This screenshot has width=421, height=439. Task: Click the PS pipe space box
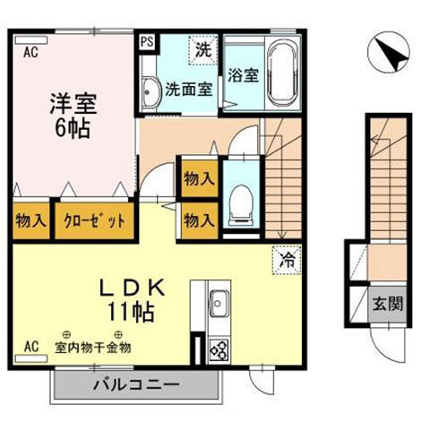pos(147,42)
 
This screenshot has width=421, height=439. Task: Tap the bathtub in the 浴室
pos(283,73)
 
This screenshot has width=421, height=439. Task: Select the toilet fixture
pos(241,205)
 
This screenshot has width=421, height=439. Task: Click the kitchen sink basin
pos(219,304)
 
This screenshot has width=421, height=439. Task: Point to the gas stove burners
pos(219,349)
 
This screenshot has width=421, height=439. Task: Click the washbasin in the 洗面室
pos(150,92)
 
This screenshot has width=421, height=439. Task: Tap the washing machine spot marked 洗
pos(203,50)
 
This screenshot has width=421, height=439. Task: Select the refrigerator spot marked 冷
pos(287,260)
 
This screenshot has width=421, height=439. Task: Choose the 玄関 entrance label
pos(388,304)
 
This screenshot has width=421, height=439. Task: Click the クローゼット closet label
pos(94,221)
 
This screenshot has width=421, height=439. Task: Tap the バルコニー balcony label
pos(136,384)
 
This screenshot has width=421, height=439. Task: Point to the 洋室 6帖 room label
pos(73,116)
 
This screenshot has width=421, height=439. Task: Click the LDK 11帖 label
pos(132,299)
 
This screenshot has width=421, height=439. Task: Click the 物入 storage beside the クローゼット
pos(31,221)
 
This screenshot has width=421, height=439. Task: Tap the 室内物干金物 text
pos(93,348)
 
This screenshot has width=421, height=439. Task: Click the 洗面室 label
pos(189,89)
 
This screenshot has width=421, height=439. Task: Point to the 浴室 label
pos(243,75)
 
